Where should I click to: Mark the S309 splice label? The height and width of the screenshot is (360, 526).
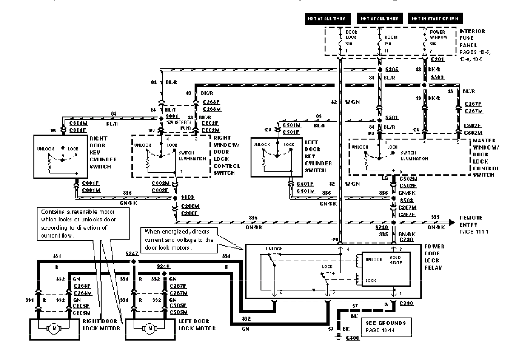click(x=437, y=78)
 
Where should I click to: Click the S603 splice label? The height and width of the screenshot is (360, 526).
click(x=187, y=198)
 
